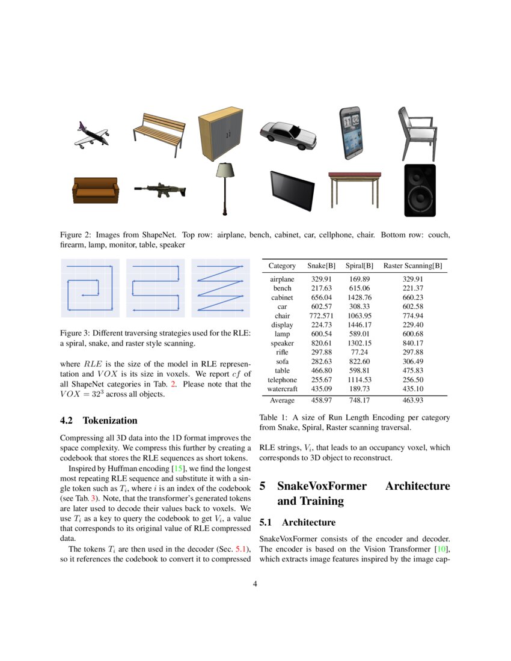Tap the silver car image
[x=287, y=134]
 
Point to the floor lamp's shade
[x=225, y=171]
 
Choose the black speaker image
[x=420, y=190]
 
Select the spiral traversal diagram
[x=90, y=288]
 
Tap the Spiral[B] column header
[x=360, y=266]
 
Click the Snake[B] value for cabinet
[x=322, y=297]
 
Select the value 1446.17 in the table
[x=360, y=325]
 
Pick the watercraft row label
[x=282, y=389]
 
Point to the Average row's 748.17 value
[x=360, y=400]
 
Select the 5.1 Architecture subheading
[x=297, y=523]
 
